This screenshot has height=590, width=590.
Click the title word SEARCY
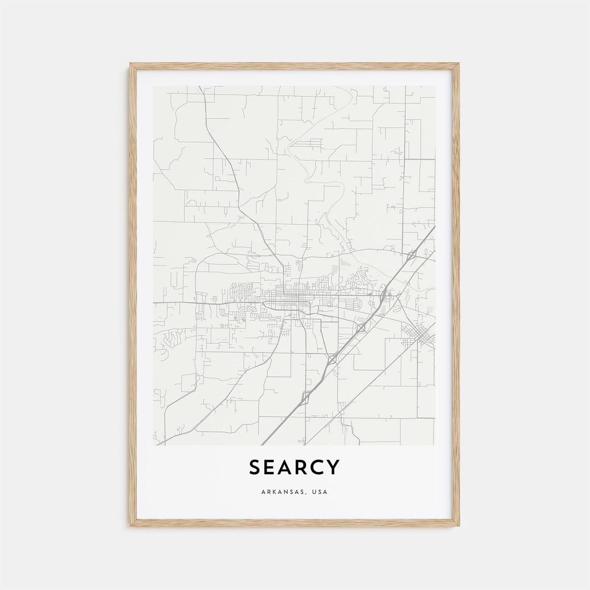(x=294, y=468)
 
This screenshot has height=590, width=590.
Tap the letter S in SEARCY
(x=255, y=468)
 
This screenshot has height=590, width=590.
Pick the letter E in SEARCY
(x=270, y=468)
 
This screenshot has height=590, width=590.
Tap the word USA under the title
(x=320, y=492)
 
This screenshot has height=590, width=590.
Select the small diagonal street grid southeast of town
(x=418, y=334)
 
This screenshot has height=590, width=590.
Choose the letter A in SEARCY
(x=286, y=468)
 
